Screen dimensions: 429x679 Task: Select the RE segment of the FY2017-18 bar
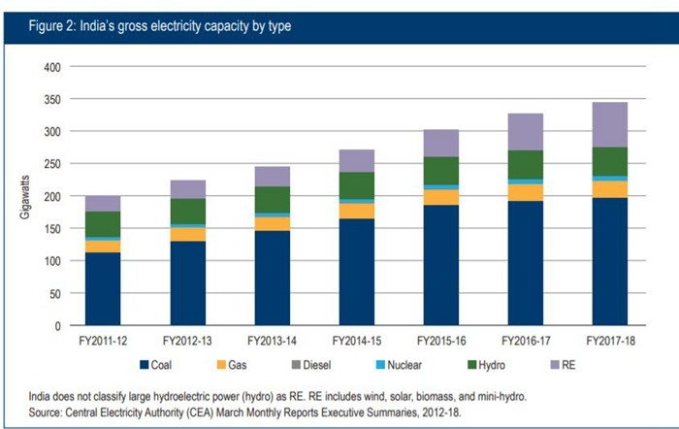[x=610, y=124]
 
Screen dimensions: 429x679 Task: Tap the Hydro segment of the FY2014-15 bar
[x=357, y=185]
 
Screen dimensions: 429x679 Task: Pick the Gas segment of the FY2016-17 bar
[x=525, y=192]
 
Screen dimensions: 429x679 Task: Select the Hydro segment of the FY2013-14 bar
[x=273, y=200]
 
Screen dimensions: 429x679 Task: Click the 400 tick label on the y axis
[x=52, y=67]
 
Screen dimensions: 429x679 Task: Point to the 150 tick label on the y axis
[x=52, y=228]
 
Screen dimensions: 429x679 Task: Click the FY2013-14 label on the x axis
[x=273, y=342]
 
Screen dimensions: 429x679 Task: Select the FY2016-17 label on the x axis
[x=526, y=342]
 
